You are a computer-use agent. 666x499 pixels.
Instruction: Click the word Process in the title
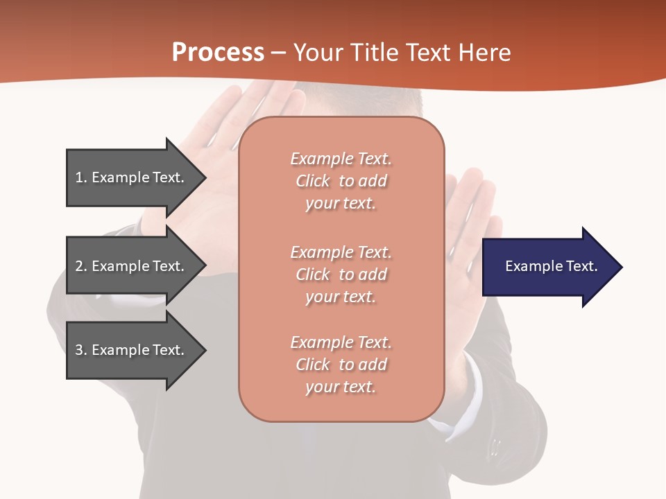pos(218,53)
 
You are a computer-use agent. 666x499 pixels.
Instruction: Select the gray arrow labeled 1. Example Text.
pos(132,177)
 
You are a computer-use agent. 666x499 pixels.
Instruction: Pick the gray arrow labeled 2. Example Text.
pos(132,266)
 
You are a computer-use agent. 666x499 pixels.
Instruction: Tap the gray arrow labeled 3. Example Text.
pos(132,350)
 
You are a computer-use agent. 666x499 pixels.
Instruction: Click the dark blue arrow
pos(548,267)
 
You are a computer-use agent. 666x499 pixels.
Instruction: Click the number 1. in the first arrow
pos(81,177)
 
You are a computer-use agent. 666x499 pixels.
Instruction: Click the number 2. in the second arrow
pos(81,266)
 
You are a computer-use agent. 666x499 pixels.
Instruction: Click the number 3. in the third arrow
pos(81,350)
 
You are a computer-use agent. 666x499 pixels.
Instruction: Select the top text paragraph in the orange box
pos(341,181)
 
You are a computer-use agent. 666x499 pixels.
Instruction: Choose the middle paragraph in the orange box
pos(341,274)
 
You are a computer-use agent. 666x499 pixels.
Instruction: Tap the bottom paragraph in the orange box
pos(341,365)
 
